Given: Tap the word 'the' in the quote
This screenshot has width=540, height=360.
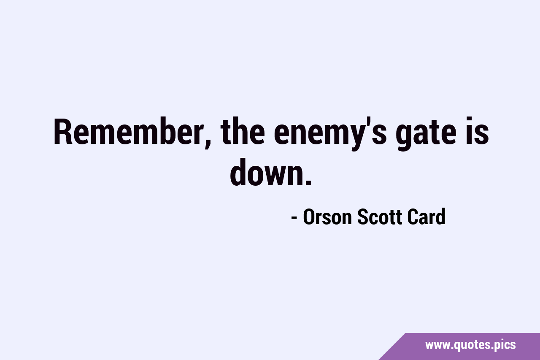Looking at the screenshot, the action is pos(243,131).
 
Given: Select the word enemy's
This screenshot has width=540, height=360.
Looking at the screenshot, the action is pos(330,134).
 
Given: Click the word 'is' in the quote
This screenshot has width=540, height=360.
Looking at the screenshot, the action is pos(477,131).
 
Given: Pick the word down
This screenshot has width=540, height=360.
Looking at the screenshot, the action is pos(266,173).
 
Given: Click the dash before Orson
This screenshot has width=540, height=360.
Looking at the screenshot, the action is pos(294,217).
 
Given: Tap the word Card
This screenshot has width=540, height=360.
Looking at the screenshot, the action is pos(427,217).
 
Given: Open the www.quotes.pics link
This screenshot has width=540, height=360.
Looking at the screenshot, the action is pos(470,345).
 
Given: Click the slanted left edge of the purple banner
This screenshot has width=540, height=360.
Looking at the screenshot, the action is pos(392,346).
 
